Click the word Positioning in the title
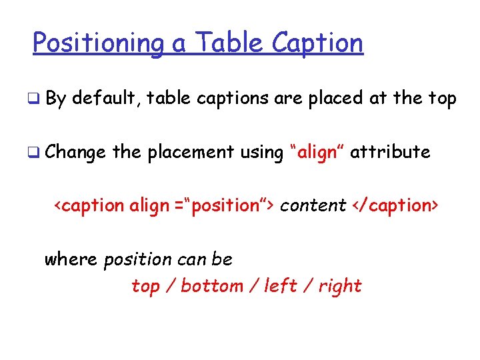click(x=98, y=44)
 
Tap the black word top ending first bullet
click(x=441, y=99)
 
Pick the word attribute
click(x=390, y=152)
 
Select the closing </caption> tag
click(x=396, y=205)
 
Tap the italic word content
click(x=313, y=205)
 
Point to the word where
click(x=71, y=259)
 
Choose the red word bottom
click(x=212, y=286)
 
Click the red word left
click(x=281, y=286)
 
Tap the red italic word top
click(x=145, y=287)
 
